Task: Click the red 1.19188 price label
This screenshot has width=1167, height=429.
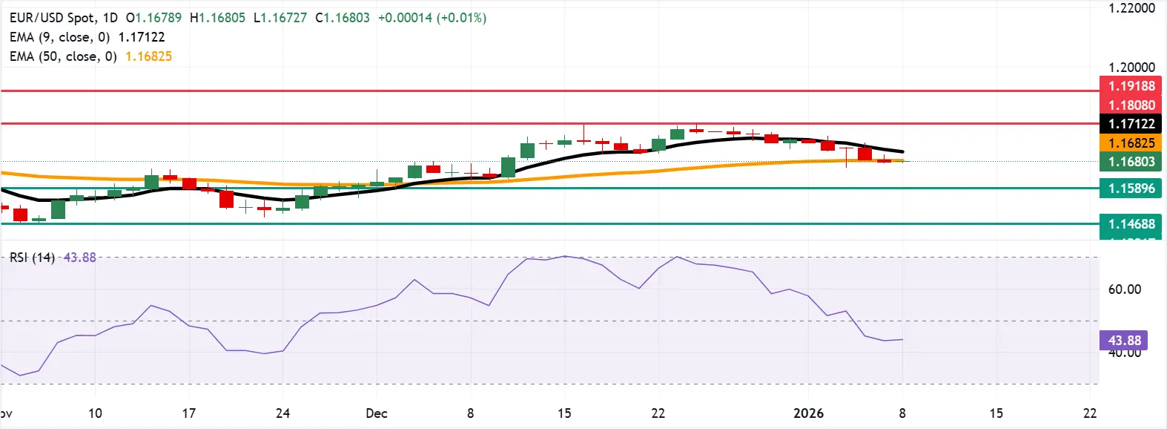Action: coord(1131,86)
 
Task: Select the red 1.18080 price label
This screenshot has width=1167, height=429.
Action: coord(1131,105)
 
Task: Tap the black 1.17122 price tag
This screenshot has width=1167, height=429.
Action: coord(1131,124)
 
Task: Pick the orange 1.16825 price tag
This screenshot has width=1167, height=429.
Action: coord(1131,143)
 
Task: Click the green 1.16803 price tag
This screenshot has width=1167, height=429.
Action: coord(1131,162)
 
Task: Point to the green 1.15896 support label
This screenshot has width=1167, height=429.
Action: coord(1131,189)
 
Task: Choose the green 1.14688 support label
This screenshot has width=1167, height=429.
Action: coord(1131,224)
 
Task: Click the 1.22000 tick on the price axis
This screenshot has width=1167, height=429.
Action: coord(1131,8)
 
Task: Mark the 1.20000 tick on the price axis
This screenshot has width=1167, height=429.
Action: coord(1131,68)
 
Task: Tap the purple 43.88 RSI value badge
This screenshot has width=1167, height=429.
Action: coord(1124,341)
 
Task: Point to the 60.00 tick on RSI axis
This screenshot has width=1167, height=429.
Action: coord(1124,289)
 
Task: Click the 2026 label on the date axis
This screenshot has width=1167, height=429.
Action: coord(808,413)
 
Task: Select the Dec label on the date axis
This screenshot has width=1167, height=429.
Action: coord(377,413)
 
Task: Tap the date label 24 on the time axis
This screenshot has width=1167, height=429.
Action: coord(282,413)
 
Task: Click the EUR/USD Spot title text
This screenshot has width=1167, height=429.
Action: coord(52,18)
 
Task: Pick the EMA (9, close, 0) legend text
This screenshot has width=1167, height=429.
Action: coord(59,37)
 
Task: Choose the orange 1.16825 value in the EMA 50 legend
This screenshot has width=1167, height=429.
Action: coord(148,56)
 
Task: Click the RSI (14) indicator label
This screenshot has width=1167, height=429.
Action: coord(32,258)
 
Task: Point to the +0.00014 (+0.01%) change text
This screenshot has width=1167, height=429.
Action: coord(432,18)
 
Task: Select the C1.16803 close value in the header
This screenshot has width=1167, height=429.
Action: coord(342,18)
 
